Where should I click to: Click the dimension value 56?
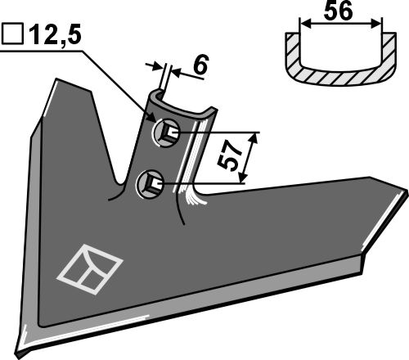tap(339, 11)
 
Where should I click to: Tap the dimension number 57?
tap(230, 157)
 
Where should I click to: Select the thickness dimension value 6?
tap(201, 65)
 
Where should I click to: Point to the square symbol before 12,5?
tap(12, 34)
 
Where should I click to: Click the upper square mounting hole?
tap(167, 133)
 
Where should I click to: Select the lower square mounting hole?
tap(151, 183)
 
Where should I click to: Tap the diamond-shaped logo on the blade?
tap(90, 269)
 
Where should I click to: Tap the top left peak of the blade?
tap(56, 79)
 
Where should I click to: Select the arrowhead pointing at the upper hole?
tap(152, 118)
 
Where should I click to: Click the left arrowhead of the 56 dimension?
tap(304, 24)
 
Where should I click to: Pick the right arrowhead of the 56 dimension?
tap(376, 24)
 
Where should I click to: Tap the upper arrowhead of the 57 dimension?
tap(254, 138)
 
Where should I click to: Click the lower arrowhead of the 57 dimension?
tap(242, 177)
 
